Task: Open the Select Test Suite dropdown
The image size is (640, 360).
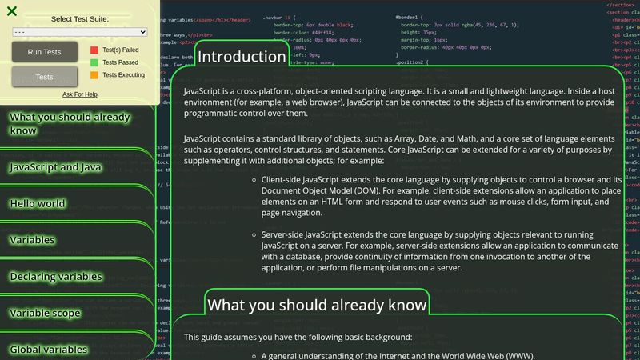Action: point(80,31)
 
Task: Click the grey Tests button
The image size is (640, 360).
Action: point(44,77)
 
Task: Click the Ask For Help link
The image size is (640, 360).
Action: point(80,94)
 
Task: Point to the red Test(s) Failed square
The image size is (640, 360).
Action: point(94,50)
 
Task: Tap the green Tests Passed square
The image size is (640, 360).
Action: point(94,62)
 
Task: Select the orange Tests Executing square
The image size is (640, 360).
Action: point(94,75)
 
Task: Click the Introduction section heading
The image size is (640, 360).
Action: point(242,57)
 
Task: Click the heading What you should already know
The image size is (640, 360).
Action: point(317,305)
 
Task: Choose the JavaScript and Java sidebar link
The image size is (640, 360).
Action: point(55,167)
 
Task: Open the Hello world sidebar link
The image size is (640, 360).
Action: point(38,203)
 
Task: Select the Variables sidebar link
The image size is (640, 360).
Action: point(32,240)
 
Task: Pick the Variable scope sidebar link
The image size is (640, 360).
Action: point(45,313)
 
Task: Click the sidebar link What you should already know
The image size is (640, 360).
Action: point(69,123)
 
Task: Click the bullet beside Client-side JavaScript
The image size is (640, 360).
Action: point(254,179)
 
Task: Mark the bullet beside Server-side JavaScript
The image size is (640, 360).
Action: point(254,235)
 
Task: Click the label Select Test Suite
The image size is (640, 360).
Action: point(80,18)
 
